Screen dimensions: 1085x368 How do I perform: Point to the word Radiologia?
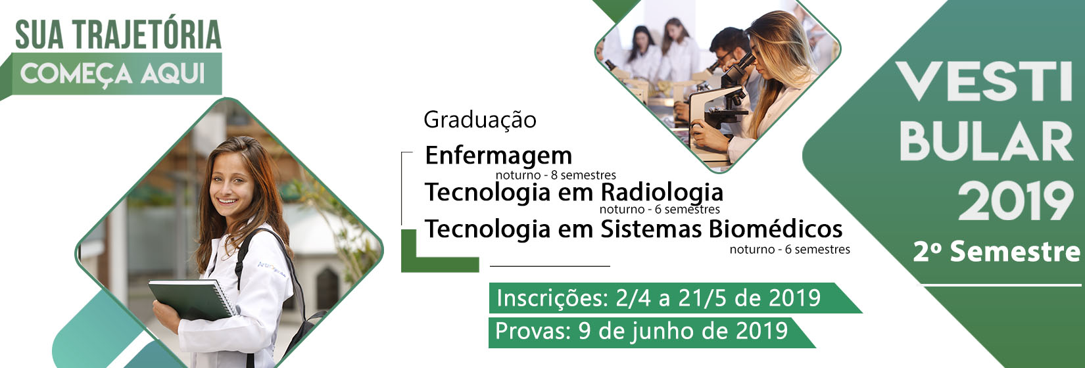pyautogui.click(x=662, y=193)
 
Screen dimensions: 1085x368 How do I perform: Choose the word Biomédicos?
pyautogui.click(x=775, y=229)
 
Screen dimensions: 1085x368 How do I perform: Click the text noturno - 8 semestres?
pyautogui.click(x=556, y=175)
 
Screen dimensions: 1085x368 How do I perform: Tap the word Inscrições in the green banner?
pyautogui.click(x=552, y=298)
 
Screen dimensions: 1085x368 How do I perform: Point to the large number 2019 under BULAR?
pyautogui.click(x=1015, y=202)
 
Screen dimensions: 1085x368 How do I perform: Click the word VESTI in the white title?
pyautogui.click(x=983, y=81)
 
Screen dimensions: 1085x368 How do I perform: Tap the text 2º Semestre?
pyautogui.click(x=996, y=252)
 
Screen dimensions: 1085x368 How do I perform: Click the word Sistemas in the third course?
pyautogui.click(x=652, y=229)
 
